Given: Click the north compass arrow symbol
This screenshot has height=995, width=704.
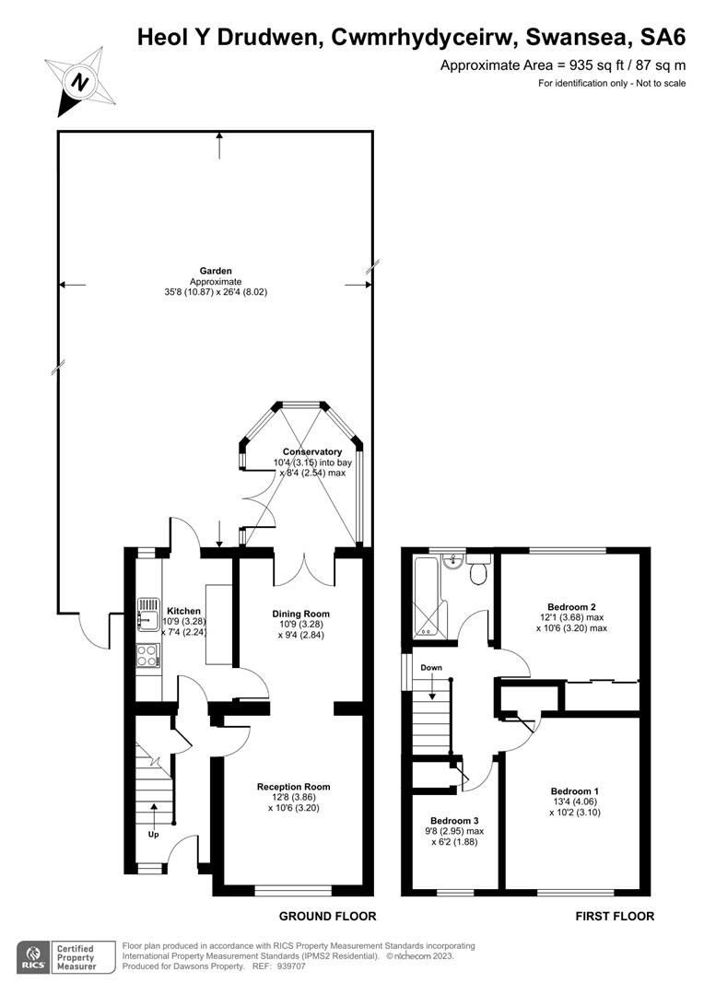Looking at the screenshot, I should (80, 82).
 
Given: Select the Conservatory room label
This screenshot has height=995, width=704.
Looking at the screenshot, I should (312, 451).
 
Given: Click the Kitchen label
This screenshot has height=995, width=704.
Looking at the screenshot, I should (182, 611).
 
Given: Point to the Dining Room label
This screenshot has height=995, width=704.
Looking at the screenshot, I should (300, 614).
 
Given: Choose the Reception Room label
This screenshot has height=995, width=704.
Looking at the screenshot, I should (293, 787).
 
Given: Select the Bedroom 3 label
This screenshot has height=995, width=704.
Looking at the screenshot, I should (455, 820).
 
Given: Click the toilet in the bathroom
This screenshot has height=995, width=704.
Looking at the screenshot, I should (477, 571).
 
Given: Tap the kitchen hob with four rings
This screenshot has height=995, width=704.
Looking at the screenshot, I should (147, 655).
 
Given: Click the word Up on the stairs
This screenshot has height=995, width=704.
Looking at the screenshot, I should (153, 835).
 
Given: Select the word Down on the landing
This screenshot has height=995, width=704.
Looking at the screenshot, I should (431, 667).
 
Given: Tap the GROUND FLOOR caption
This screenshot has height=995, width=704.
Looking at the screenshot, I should (327, 916).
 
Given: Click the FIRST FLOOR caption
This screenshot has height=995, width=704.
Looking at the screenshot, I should (615, 916).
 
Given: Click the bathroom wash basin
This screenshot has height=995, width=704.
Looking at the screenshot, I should (452, 562).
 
